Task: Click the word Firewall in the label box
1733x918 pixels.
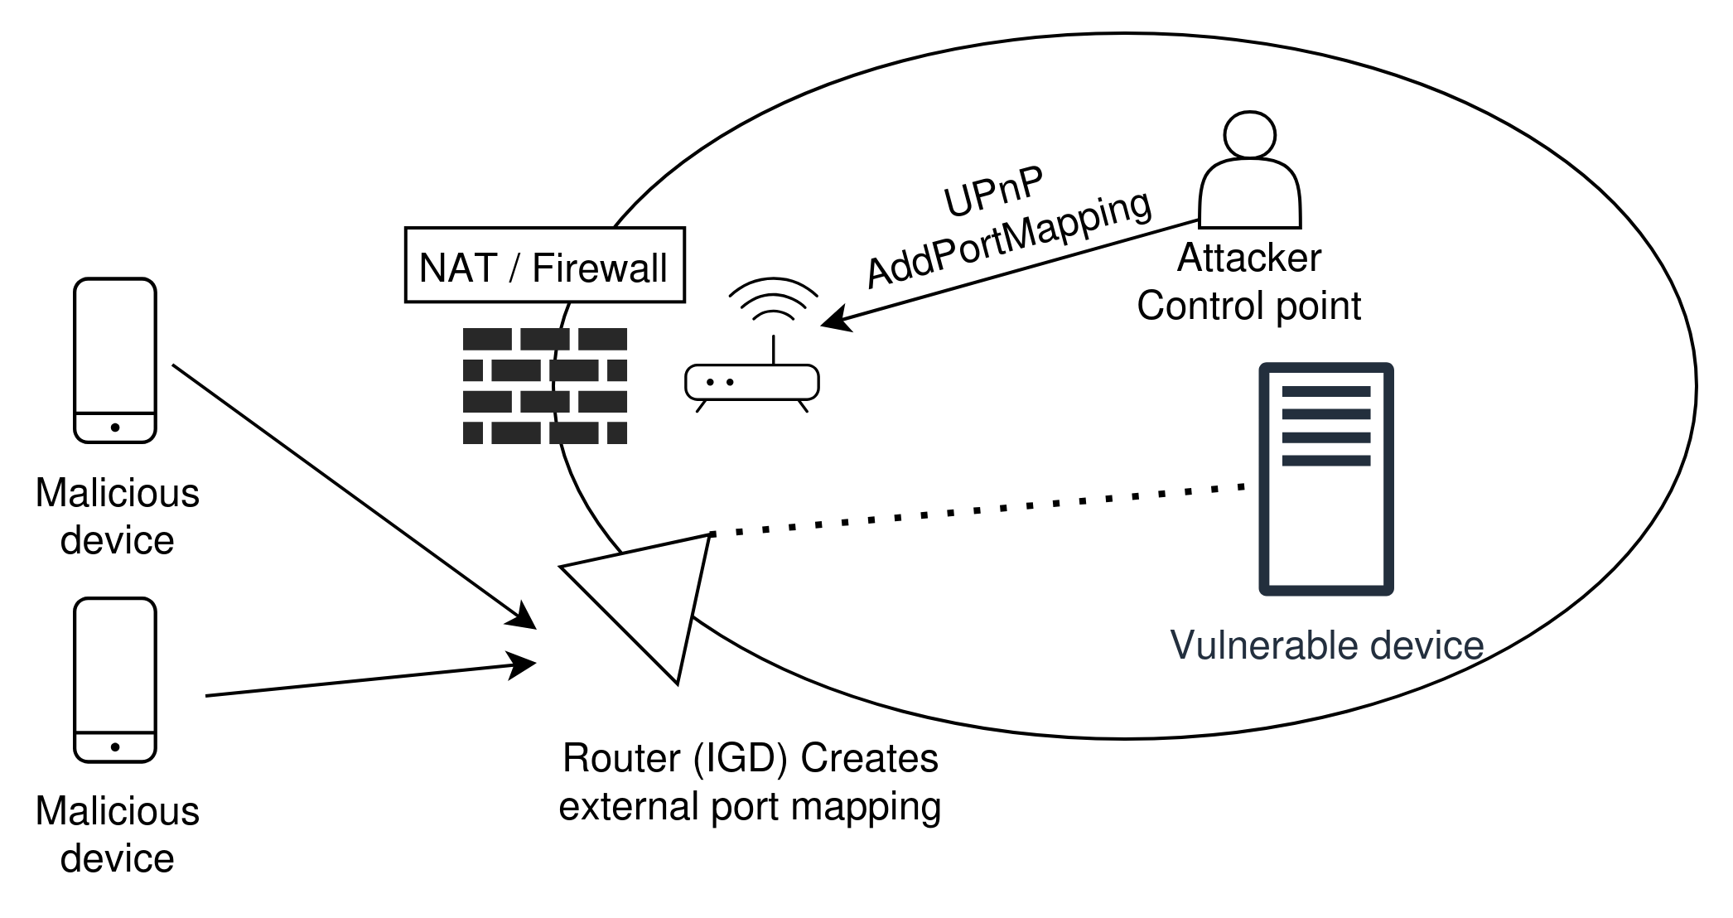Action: click(x=599, y=268)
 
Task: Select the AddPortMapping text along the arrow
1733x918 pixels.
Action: click(x=1009, y=241)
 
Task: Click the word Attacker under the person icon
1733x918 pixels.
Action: click(x=1248, y=258)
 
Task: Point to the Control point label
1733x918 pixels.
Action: click(x=1248, y=307)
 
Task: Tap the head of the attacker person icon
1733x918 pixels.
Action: click(x=1250, y=133)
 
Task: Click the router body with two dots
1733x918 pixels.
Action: click(x=751, y=383)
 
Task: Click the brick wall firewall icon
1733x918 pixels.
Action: click(x=544, y=386)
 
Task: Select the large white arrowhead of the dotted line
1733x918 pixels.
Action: click(x=654, y=593)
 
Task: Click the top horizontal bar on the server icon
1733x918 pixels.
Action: click(x=1325, y=391)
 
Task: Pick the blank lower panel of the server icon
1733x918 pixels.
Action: click(x=1325, y=530)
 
